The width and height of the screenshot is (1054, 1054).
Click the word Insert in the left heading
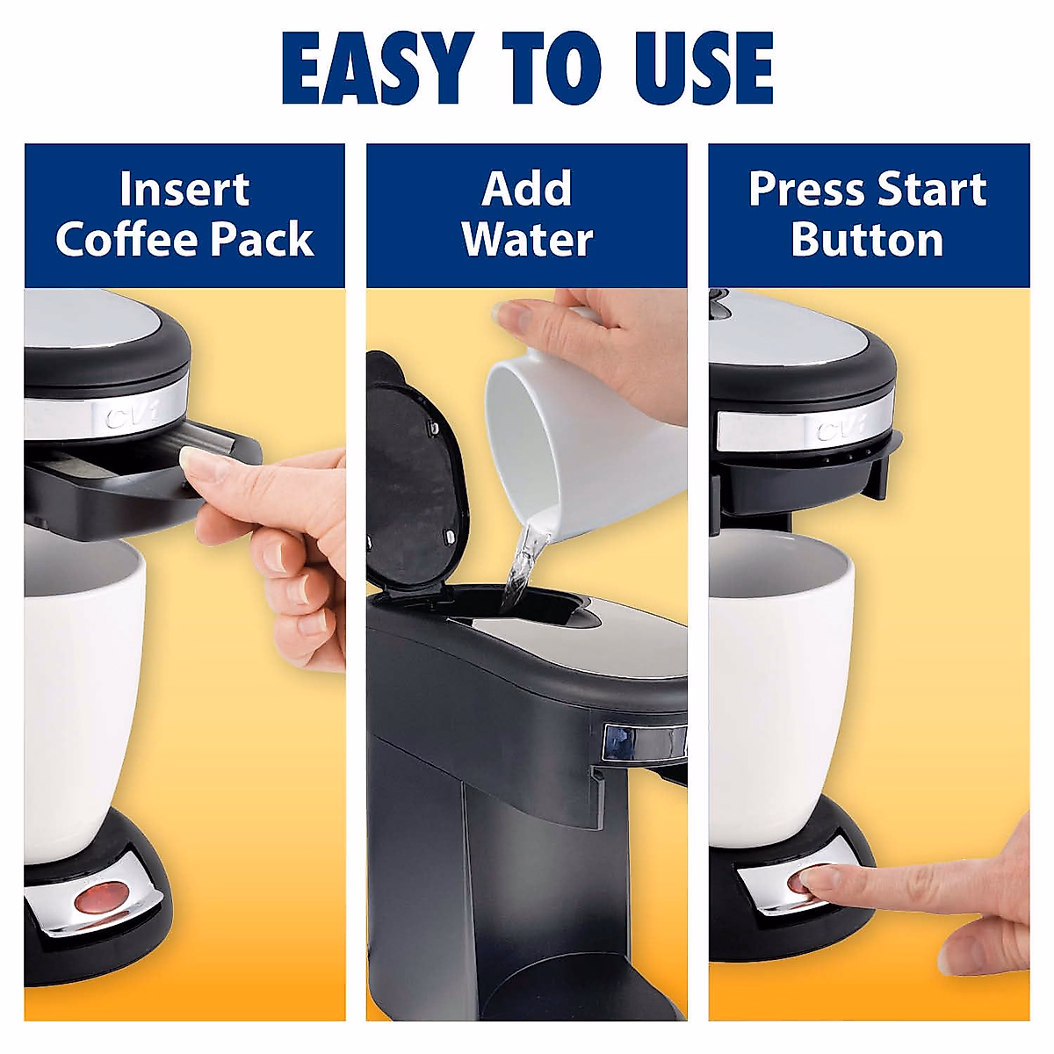tap(184, 190)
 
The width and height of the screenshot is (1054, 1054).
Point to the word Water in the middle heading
tap(527, 239)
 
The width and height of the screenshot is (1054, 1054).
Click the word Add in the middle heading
tap(527, 190)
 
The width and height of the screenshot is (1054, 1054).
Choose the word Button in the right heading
tap(867, 239)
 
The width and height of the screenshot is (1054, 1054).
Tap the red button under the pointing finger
tap(801, 879)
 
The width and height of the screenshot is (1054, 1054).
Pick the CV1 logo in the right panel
tap(839, 430)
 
